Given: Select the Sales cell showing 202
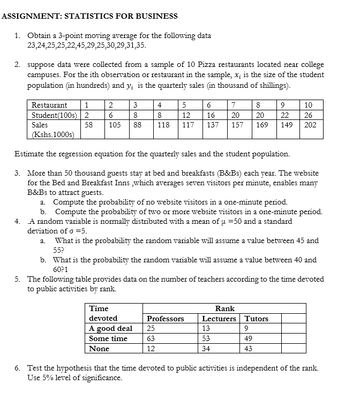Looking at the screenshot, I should pyautogui.click(x=310, y=125).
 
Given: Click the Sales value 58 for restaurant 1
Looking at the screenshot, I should pyautogui.click(x=89, y=125).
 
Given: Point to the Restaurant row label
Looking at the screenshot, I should pyautogui.click(x=49, y=105).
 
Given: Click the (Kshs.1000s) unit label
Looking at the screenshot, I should pyautogui.click(x=53, y=134).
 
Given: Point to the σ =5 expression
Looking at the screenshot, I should pyautogui.click(x=73, y=231).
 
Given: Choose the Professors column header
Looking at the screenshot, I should pyautogui.click(x=166, y=319).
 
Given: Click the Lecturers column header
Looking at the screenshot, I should pyautogui.click(x=219, y=319).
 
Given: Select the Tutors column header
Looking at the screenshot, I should pyautogui.click(x=256, y=319).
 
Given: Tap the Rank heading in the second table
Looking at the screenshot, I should pyautogui.click(x=224, y=308).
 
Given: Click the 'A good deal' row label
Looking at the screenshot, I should pyautogui.click(x=111, y=329).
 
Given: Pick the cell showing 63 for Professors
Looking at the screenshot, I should pyautogui.click(x=151, y=338).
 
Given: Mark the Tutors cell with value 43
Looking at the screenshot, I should pyautogui.click(x=248, y=349).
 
